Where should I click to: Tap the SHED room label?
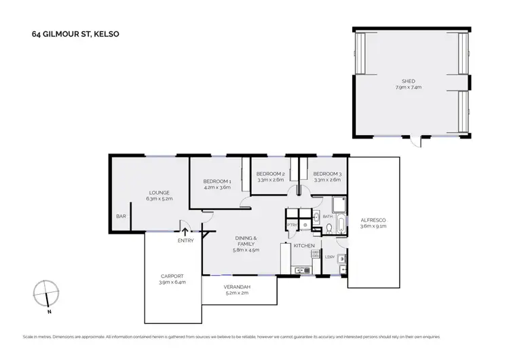coord(408,81)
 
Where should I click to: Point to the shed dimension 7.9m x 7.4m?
coord(408,88)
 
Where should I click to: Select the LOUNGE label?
coord(159,192)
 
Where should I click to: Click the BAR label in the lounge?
coord(121,217)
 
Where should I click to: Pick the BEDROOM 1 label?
coord(217,181)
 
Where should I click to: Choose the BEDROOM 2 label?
coord(269,174)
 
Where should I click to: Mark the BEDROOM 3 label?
coord(327,174)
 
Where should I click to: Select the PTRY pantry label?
coord(293,224)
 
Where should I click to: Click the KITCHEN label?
coord(303,245)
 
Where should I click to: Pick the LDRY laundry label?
coord(331,256)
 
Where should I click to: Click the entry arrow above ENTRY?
coord(185,231)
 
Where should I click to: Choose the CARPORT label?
coord(172,275)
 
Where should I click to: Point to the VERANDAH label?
coord(238,287)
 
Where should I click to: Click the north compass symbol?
coord(44,293)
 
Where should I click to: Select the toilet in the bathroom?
coord(328,228)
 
